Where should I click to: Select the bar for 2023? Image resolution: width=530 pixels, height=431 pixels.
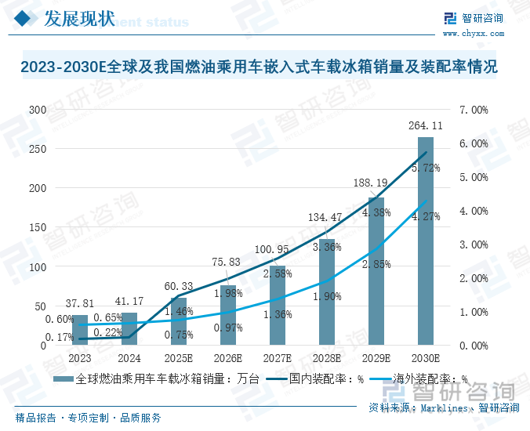[80, 330]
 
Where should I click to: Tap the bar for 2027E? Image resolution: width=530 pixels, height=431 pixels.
[278, 306]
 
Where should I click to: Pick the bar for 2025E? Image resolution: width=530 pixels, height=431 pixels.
[179, 321]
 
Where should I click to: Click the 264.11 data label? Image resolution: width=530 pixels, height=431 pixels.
[426, 125]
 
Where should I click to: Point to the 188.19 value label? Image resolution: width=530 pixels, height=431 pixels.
[376, 184]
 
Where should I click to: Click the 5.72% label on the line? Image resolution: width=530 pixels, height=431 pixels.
[426, 168]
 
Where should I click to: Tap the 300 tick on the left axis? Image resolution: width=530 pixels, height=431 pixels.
[38, 110]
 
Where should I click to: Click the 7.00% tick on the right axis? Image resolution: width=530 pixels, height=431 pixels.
[473, 110]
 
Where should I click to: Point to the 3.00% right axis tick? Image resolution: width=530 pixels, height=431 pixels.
[473, 244]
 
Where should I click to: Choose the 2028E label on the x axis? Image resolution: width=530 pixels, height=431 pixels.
[327, 358]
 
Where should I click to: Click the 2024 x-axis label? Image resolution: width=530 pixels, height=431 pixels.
[129, 358]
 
